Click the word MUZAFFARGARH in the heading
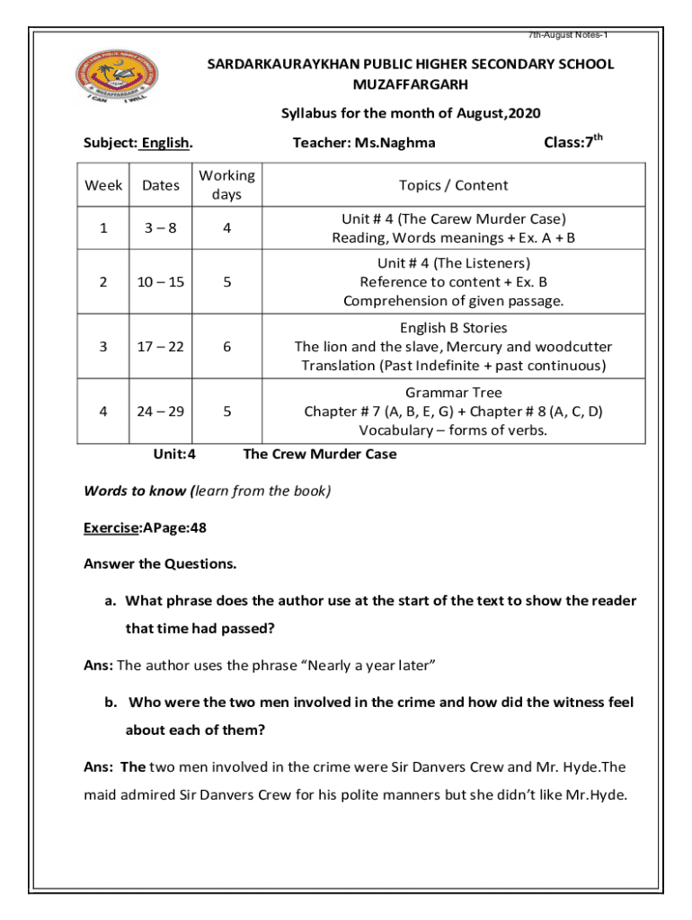pyautogui.click(x=411, y=84)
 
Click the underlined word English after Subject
pyautogui.click(x=166, y=142)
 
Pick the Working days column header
pyautogui.click(x=226, y=185)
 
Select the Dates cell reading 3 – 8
pyautogui.click(x=161, y=228)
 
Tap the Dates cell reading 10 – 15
pyautogui.click(x=161, y=282)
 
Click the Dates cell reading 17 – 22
pyautogui.click(x=161, y=347)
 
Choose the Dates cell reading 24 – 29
pyautogui.click(x=161, y=411)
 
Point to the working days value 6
pyautogui.click(x=227, y=347)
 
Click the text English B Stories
pyautogui.click(x=454, y=328)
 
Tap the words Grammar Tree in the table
pyautogui.click(x=454, y=393)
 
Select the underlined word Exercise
pyautogui.click(x=111, y=528)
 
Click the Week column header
pyautogui.click(x=103, y=185)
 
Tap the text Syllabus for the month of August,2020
pyautogui.click(x=411, y=113)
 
